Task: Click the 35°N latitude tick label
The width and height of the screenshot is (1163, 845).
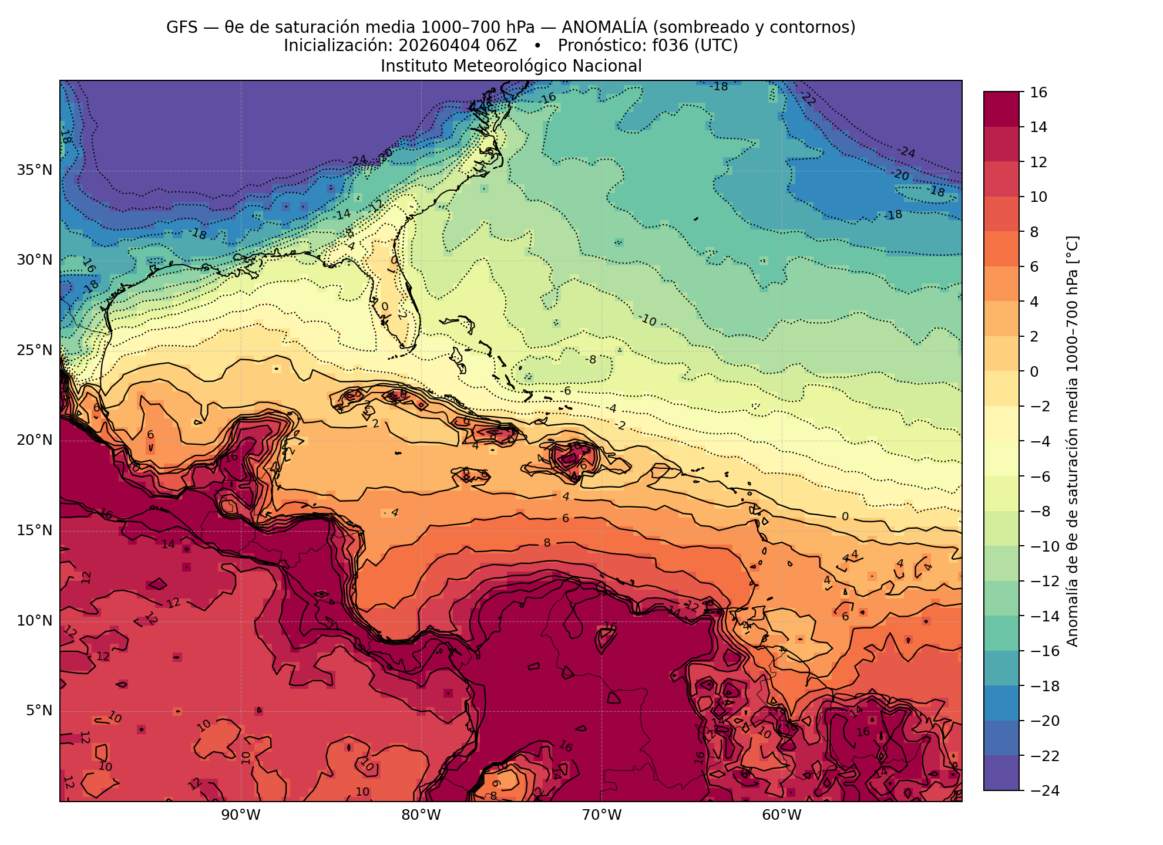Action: [x=34, y=170]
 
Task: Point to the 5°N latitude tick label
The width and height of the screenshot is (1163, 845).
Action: [x=38, y=711]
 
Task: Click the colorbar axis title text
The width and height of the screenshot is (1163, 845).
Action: [x=1072, y=441]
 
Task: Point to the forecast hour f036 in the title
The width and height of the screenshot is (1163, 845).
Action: [x=670, y=46]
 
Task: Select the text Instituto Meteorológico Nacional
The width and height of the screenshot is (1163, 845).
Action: [x=511, y=66]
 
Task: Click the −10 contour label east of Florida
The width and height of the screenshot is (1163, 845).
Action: [x=647, y=320]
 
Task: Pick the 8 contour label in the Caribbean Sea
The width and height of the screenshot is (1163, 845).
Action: [x=547, y=543]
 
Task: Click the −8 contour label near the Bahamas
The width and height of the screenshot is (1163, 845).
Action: [x=591, y=359]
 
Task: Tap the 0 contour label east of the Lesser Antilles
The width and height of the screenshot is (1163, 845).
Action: [x=845, y=516]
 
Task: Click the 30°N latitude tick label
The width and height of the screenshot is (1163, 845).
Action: [x=34, y=260]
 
